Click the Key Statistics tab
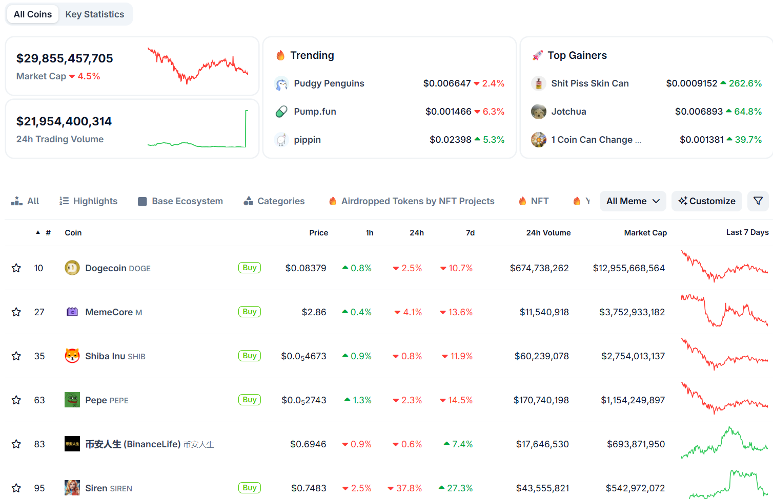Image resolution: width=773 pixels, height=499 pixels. coord(94,14)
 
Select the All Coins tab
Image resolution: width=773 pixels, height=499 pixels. coord(33,14)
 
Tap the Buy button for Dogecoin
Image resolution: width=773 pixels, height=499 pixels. coord(250,268)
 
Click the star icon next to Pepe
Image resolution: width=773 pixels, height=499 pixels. coord(16,400)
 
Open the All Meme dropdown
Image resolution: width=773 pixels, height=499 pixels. coord(633,201)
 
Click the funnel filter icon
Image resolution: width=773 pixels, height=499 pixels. coord(758,201)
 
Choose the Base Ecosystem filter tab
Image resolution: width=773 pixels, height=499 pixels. coord(180,201)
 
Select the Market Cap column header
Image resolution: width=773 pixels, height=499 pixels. coord(645,233)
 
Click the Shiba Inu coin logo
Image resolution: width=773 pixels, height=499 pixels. coord(72,356)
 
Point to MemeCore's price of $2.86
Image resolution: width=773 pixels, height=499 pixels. coord(314,312)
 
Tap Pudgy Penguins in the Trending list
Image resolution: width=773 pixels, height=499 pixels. coord(329,83)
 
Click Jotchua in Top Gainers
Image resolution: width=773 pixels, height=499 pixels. coord(568,112)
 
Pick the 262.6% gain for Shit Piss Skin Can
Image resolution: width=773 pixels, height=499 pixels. coord(745,83)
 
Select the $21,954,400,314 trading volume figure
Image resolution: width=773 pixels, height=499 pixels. coord(64,121)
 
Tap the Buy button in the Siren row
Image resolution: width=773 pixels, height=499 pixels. coord(250,488)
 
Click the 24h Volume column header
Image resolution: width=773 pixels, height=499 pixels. coord(548,233)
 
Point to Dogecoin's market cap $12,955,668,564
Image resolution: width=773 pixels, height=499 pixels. coord(629,268)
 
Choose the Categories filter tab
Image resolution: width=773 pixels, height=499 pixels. coord(274,201)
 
